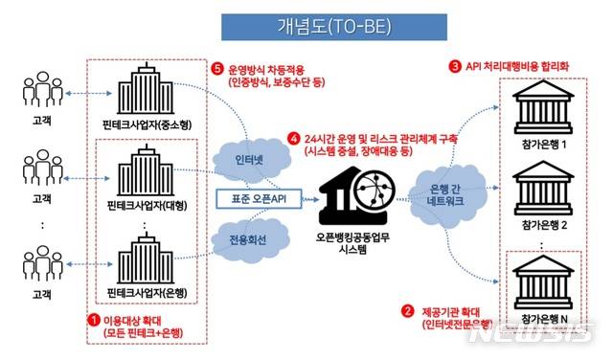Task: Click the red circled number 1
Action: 94,319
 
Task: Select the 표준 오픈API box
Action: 254,199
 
